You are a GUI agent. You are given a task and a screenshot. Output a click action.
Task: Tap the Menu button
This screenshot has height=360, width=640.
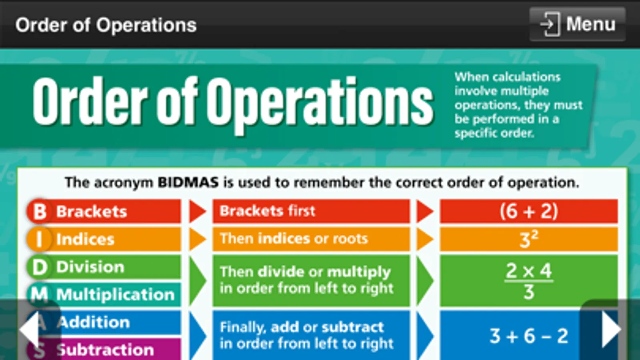578,24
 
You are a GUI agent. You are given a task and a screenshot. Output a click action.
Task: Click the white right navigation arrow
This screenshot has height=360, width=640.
612,329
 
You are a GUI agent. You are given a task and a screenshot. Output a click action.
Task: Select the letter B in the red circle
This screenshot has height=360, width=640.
40,212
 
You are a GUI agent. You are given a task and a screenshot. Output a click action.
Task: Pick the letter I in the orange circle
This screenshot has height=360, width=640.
40,239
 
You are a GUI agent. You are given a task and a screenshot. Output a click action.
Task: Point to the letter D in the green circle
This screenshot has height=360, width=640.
40,267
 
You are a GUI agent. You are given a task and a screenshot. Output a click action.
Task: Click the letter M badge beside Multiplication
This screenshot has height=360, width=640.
40,294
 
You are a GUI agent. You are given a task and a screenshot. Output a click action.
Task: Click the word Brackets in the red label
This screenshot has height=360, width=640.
91,212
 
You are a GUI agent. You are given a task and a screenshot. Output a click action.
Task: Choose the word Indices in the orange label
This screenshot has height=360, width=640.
85,239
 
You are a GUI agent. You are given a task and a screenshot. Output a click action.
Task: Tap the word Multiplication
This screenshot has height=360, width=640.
115,294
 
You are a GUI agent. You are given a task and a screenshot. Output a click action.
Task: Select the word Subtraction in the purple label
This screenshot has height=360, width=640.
105,350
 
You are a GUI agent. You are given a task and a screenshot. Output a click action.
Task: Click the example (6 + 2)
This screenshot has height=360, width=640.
529,212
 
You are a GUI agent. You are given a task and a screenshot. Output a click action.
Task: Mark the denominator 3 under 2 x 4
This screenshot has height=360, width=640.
529,292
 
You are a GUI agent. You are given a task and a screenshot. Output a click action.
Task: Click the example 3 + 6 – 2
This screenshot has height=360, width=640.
529,336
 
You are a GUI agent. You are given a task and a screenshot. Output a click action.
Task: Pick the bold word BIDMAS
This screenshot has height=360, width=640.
188,182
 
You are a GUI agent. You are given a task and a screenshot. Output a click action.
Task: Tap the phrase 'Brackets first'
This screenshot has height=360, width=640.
267,211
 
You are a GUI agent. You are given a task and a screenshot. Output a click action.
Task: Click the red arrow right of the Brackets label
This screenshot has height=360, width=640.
197,212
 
